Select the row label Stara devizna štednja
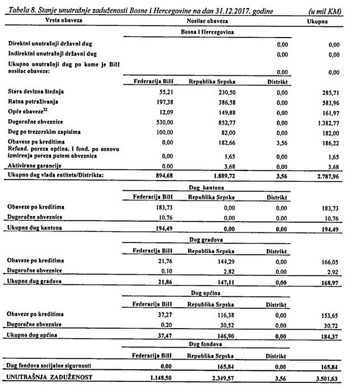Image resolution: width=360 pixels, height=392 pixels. [36, 91]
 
